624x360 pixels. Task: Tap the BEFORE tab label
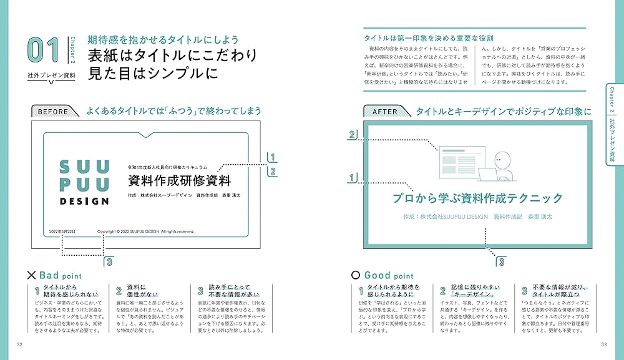coord(53,112)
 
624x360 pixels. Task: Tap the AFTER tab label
coord(384,112)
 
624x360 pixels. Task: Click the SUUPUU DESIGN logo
coord(84,182)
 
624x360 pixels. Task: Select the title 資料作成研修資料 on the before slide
coord(179,181)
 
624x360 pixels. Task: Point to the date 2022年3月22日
coord(62,231)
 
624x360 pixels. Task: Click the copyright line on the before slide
coord(145,231)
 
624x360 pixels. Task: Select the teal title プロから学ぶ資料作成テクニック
coord(477,198)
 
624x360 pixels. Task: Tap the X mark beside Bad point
coord(31,275)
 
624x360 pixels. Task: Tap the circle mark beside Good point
coord(356,275)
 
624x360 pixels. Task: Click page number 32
coord(20,344)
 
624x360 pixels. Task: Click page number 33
coord(603,344)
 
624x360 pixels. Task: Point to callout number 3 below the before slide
coord(110,261)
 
